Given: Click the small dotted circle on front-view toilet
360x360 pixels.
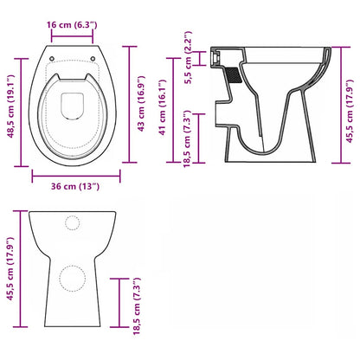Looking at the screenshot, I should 71,222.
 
